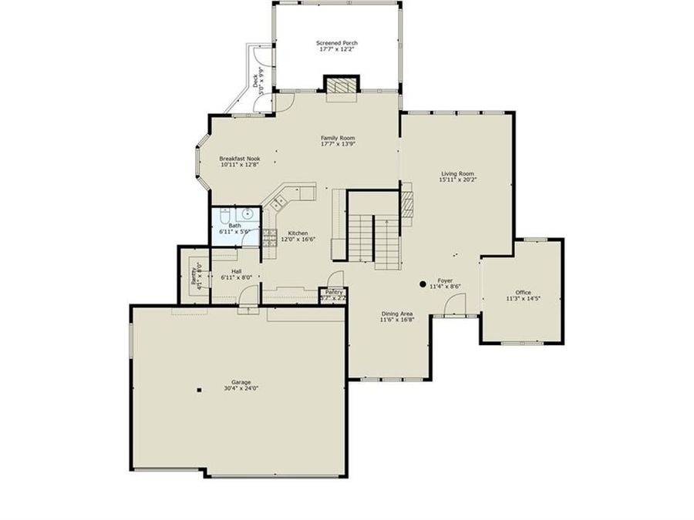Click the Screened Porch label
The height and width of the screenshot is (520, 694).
coord(337,42)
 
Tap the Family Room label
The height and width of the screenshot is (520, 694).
coord(338,138)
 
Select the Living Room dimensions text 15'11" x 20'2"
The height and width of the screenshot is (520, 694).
coord(457,180)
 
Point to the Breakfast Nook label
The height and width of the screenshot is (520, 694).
coord(239,158)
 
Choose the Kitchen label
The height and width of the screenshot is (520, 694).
coord(298,233)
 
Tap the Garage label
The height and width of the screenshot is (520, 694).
coord(241,382)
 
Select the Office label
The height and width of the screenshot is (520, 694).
coord(523,292)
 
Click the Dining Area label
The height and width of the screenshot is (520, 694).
coord(396,314)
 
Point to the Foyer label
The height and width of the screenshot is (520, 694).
coord(445,280)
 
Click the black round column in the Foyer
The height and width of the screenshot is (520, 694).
coord(423,284)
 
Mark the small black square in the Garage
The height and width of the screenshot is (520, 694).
coord(198,390)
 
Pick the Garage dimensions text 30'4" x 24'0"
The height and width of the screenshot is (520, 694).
coord(241,389)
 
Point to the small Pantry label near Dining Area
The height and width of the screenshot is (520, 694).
coord(333,292)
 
